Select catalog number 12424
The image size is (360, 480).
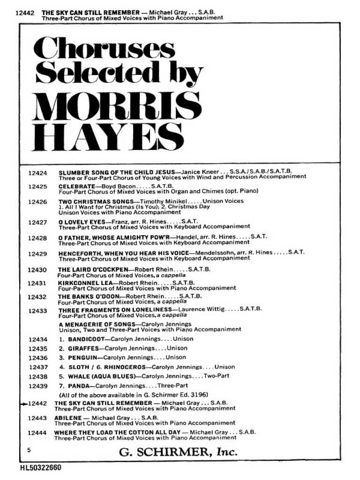(38, 173)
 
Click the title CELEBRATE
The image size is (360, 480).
(76, 186)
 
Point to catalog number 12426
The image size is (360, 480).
(38, 202)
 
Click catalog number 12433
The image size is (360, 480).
(38, 311)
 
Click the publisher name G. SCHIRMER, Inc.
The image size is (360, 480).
(178, 452)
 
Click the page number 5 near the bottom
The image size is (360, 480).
(29, 450)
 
